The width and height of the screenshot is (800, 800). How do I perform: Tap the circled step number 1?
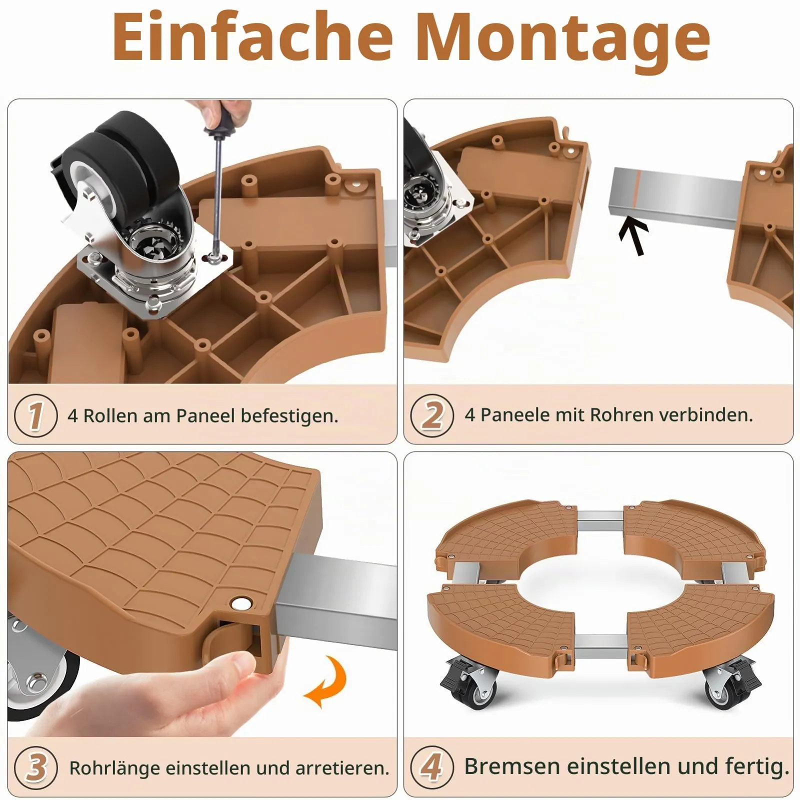coord(36,415)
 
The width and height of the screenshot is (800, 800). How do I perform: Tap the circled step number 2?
coord(432,415)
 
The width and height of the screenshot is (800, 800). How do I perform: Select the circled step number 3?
coord(36,767)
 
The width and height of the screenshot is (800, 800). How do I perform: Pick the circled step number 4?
coord(432,766)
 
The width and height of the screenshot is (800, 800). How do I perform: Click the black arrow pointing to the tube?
coord(633,236)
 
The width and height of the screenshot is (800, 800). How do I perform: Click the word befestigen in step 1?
coord(289,416)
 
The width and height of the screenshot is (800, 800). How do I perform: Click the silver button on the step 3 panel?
coord(242,603)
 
